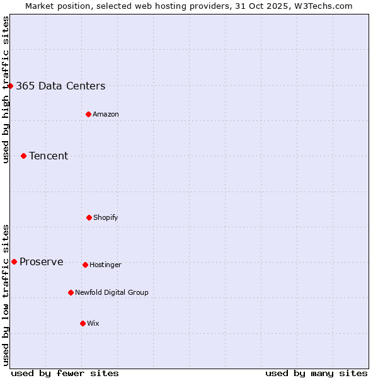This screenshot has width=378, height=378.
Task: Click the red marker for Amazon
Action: point(88,114)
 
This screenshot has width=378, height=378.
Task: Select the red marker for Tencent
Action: point(23,156)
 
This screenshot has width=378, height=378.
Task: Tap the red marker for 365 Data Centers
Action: point(11,86)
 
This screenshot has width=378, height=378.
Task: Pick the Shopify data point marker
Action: point(89,217)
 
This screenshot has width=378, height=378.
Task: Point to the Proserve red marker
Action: point(14,261)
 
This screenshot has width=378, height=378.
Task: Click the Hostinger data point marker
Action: point(85,265)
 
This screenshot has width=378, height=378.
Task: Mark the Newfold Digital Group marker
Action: point(71,292)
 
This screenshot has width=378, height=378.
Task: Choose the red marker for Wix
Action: point(83,323)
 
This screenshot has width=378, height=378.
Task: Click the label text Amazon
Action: point(106,114)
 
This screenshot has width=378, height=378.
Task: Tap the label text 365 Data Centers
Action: point(60,86)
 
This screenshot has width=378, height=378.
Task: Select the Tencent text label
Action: point(49,156)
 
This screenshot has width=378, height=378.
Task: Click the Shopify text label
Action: point(106,217)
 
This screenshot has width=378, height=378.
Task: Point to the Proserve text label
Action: point(42,262)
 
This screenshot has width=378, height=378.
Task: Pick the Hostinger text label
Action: point(105,265)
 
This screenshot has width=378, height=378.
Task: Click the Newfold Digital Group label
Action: point(112,292)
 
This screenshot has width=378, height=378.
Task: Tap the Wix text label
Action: point(93,323)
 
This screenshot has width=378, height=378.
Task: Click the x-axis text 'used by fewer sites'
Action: point(65,373)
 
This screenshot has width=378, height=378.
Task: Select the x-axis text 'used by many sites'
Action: point(316,373)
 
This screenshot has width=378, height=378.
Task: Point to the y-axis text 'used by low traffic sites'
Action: point(6,295)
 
